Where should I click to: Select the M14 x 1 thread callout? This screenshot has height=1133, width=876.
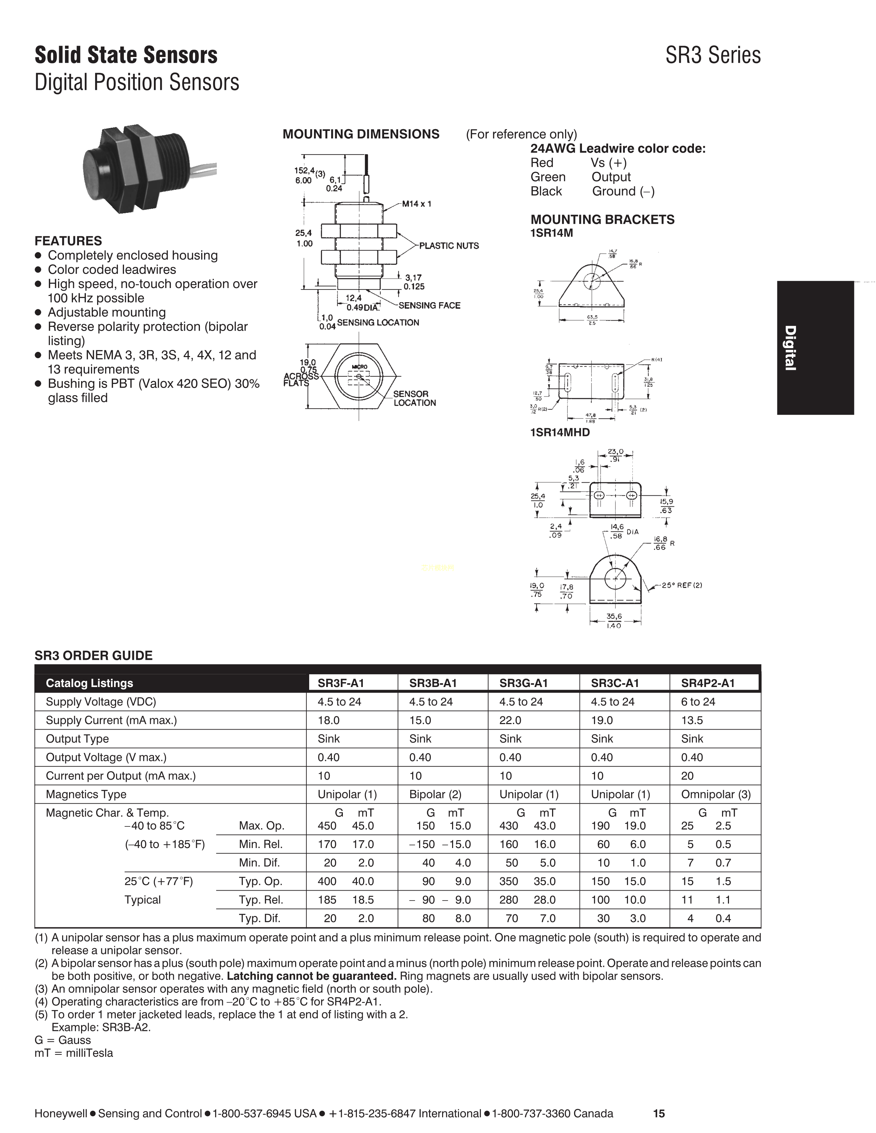point(416,204)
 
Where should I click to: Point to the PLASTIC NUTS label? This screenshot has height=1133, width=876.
point(449,245)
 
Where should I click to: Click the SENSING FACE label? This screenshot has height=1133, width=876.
point(429,306)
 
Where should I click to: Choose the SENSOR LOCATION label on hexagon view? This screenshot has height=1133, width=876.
point(414,398)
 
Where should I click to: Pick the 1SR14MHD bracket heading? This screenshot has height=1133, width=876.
point(560,432)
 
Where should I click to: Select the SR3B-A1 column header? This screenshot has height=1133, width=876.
point(433,683)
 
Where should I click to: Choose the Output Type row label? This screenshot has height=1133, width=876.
point(77,739)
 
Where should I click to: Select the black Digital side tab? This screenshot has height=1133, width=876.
point(815,347)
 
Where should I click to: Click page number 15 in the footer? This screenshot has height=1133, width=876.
point(659,1113)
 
